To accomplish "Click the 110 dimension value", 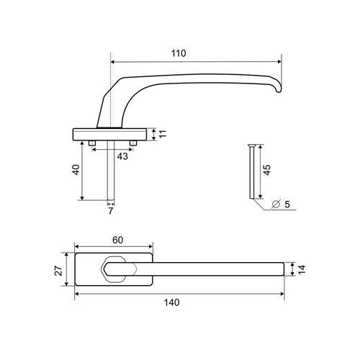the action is [179, 53].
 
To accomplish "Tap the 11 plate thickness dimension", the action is [163, 134].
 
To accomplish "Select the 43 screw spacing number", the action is [122, 156].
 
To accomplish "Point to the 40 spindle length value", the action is [76, 170].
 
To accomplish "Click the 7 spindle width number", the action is [110, 211].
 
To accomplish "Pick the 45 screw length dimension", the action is [267, 170].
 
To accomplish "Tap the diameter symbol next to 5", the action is [276, 204].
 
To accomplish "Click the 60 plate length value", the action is [118, 240].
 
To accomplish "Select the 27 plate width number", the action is [59, 271].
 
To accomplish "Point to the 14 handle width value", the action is [302, 269].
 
